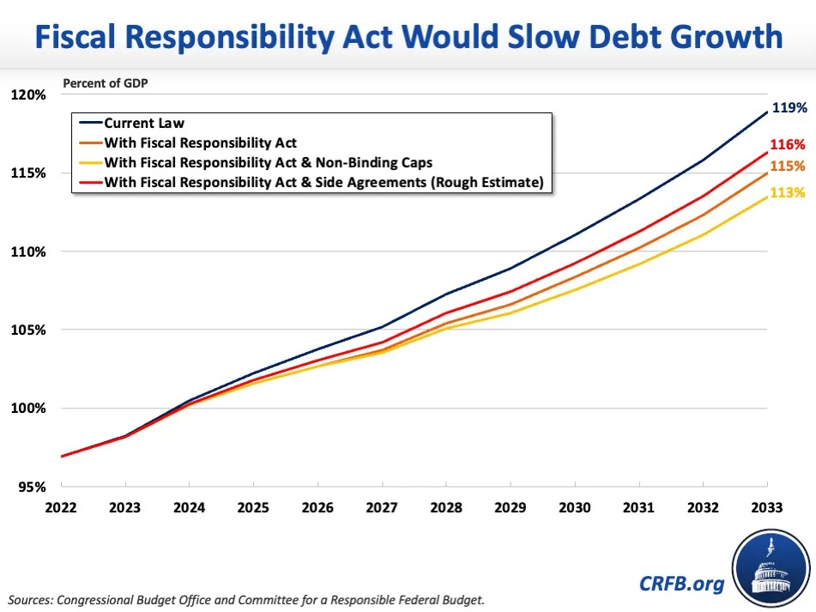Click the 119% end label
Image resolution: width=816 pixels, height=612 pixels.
(x=789, y=108)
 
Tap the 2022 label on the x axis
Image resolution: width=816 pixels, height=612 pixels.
(x=62, y=507)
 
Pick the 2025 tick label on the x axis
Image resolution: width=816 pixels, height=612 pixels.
(x=252, y=507)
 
